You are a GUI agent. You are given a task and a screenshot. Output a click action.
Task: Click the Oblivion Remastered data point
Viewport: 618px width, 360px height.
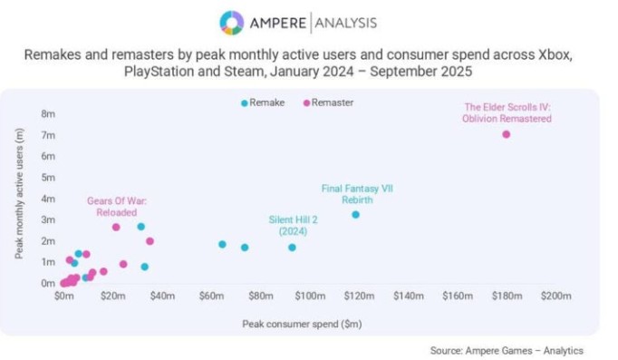click(x=506, y=134)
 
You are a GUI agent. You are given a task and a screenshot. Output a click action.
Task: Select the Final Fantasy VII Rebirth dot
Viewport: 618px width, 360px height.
click(x=355, y=215)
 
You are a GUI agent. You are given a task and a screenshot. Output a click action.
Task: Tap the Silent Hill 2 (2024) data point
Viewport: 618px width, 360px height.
click(x=292, y=248)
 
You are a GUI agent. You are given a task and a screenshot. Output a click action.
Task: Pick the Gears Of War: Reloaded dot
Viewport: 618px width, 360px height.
click(x=116, y=227)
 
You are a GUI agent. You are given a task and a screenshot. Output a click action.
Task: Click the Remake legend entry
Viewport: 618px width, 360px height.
click(x=263, y=102)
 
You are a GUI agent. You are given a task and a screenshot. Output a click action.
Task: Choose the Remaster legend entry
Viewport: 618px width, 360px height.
click(x=328, y=102)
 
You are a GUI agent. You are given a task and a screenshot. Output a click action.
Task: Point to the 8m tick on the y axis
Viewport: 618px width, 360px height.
click(x=48, y=114)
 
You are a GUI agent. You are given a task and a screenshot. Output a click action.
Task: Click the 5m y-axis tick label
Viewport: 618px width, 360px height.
click(x=48, y=178)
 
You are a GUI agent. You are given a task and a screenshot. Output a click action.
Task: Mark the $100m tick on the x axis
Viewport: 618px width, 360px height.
click(x=310, y=297)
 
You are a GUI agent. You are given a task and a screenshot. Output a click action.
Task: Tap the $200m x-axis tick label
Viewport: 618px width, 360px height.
click(x=555, y=297)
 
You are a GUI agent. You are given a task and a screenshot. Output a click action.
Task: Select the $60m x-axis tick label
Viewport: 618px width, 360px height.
click(x=211, y=297)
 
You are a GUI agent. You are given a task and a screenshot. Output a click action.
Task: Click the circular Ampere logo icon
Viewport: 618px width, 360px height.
click(x=231, y=21)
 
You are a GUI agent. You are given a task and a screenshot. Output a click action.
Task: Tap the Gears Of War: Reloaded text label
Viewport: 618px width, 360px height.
click(x=116, y=206)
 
